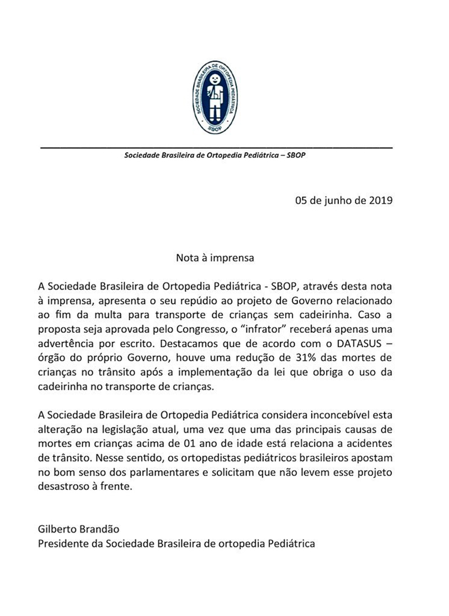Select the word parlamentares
click(x=181, y=472)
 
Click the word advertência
click(x=71, y=342)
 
